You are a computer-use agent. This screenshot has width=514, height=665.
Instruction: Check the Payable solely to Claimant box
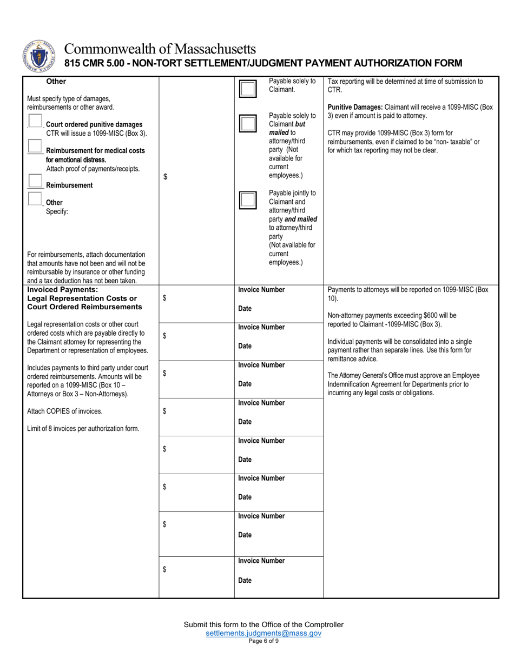click(x=248, y=89)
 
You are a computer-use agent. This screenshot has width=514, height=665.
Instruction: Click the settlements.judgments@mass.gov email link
click(x=263, y=633)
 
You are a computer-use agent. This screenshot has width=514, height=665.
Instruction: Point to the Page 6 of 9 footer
click(x=263, y=641)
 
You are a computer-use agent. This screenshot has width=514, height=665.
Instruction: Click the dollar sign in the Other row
click(x=165, y=176)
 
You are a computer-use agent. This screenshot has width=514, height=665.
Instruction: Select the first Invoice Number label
click(x=261, y=290)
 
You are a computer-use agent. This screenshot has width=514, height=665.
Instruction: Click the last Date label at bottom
click(x=245, y=581)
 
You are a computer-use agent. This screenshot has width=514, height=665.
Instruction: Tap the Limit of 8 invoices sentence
click(x=83, y=429)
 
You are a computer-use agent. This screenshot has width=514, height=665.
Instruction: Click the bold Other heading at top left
click(x=56, y=82)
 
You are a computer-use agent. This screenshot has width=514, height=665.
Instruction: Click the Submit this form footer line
click(x=263, y=624)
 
